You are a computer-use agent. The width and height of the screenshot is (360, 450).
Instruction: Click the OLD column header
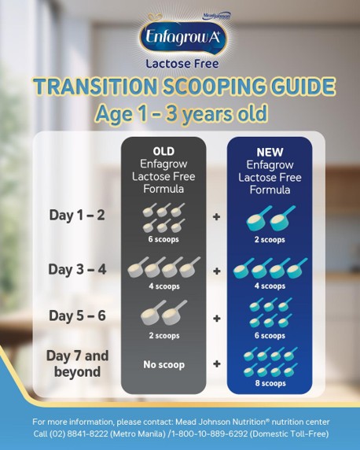click(x=163, y=151)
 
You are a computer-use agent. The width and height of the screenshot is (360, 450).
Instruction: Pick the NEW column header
click(x=270, y=151)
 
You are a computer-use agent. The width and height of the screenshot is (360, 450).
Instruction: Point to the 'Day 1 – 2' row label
click(x=77, y=214)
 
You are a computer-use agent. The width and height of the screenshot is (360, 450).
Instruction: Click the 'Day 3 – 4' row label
click(x=77, y=269)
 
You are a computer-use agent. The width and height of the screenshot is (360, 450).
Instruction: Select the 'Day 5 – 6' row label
click(x=77, y=315)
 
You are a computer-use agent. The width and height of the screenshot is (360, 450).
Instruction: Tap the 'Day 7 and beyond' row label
click(x=78, y=363)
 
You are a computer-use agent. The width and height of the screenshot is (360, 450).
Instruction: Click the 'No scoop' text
click(x=163, y=364)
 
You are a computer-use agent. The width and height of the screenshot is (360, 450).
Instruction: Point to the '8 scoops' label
click(x=270, y=383)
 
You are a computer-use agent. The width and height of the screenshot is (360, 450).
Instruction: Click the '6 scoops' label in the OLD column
click(x=163, y=239)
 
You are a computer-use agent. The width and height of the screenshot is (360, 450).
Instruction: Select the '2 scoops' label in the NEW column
click(x=270, y=239)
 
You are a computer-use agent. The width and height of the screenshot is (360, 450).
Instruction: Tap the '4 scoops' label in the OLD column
click(x=163, y=286)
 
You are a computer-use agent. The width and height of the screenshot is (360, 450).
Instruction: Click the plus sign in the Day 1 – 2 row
click(x=217, y=216)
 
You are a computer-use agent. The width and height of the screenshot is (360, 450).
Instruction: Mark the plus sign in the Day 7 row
click(x=217, y=364)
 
